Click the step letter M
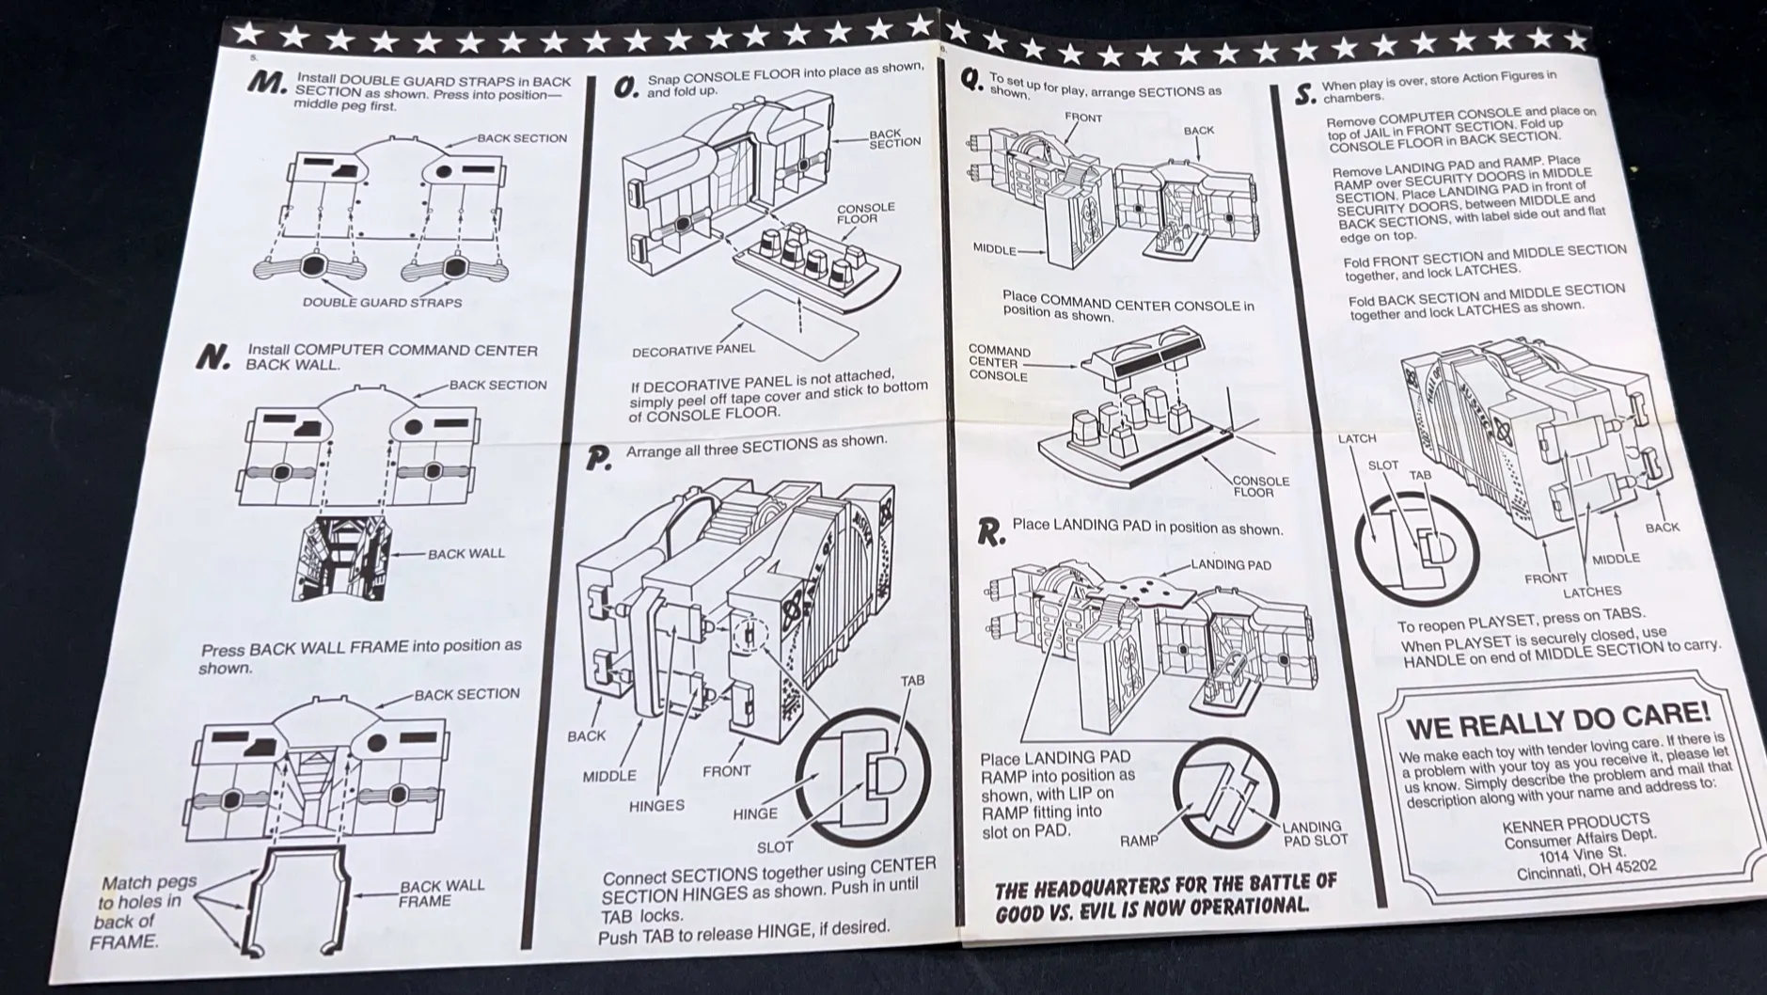267,84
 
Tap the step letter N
214,356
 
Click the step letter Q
972,82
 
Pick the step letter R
989,533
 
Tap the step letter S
1303,95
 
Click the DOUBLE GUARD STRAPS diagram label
382,303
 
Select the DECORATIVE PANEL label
693,351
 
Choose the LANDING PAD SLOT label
1316,833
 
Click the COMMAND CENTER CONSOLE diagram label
999,363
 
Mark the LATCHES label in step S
1591,592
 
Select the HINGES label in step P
656,806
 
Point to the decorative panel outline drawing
796,323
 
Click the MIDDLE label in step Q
994,250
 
